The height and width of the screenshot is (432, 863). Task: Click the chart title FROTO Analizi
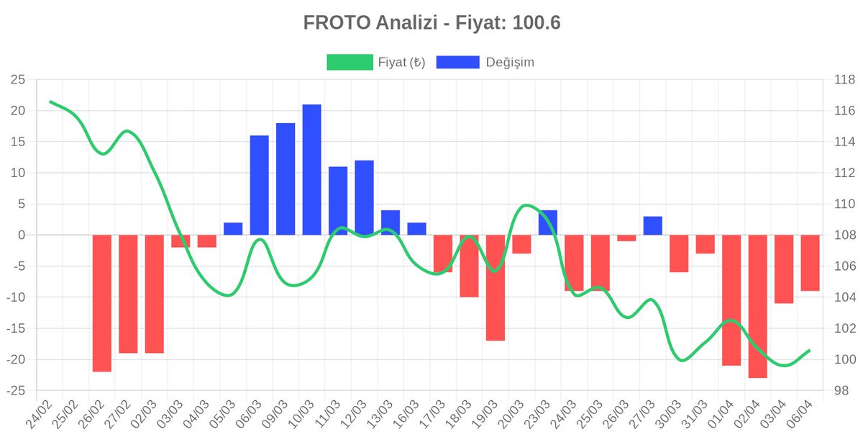tap(370, 22)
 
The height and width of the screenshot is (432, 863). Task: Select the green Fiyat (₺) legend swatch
tap(350, 62)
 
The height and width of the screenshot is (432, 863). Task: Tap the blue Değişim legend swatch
tap(457, 62)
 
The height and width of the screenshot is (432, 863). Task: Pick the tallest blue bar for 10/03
tap(311, 170)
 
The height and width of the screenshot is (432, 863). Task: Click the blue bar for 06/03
tap(260, 185)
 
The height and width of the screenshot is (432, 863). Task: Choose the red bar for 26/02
tap(101, 303)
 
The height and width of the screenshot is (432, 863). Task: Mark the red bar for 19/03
tap(496, 288)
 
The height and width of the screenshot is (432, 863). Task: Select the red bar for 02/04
tap(758, 306)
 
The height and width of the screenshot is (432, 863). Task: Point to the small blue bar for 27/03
tap(653, 225)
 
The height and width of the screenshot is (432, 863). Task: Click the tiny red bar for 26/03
tap(626, 238)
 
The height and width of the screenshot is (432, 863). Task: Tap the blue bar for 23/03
tap(548, 222)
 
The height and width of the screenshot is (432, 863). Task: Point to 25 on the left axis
tap(18, 80)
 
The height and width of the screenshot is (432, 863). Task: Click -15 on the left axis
tap(16, 328)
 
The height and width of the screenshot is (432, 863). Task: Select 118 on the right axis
tap(844, 80)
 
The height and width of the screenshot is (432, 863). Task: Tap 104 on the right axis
tap(844, 297)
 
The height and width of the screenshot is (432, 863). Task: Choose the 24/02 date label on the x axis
tap(39, 414)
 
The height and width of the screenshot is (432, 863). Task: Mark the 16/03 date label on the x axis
tap(406, 414)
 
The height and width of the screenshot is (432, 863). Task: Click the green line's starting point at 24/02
tap(50, 102)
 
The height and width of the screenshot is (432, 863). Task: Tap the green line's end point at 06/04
tap(810, 350)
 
